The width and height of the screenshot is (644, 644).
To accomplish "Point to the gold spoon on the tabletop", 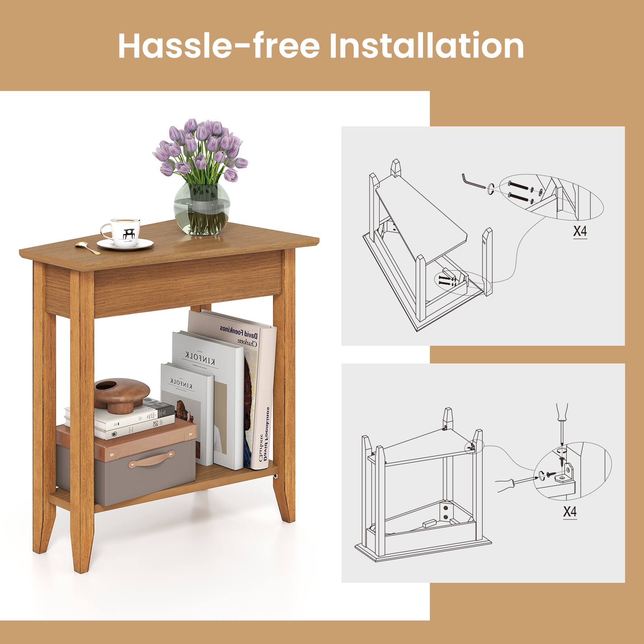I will [x=87, y=248].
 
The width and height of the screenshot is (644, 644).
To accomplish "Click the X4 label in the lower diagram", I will [x=569, y=512].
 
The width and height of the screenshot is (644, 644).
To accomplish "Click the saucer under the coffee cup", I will [x=125, y=244].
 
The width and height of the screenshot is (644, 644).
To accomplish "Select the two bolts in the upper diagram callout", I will [x=519, y=191].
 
